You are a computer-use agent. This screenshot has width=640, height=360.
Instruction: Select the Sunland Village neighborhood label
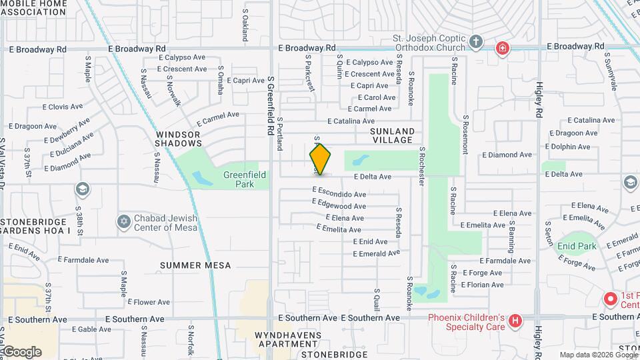click(393, 136)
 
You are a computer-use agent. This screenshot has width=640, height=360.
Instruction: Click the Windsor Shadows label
click(179, 139)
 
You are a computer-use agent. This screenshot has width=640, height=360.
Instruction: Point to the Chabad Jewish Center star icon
click(123, 221)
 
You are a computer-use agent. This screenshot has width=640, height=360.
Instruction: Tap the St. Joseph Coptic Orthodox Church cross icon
click(475, 42)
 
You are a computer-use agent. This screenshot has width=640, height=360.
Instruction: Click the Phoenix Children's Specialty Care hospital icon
click(515, 321)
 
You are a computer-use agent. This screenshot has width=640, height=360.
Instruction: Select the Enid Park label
click(577, 246)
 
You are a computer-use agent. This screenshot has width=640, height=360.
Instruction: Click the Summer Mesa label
click(195, 265)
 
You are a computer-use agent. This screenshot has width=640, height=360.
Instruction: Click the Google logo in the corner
click(21, 352)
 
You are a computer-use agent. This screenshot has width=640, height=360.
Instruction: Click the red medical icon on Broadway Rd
click(501, 48)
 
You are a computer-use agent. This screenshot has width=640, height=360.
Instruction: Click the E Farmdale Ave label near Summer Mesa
click(83, 260)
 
